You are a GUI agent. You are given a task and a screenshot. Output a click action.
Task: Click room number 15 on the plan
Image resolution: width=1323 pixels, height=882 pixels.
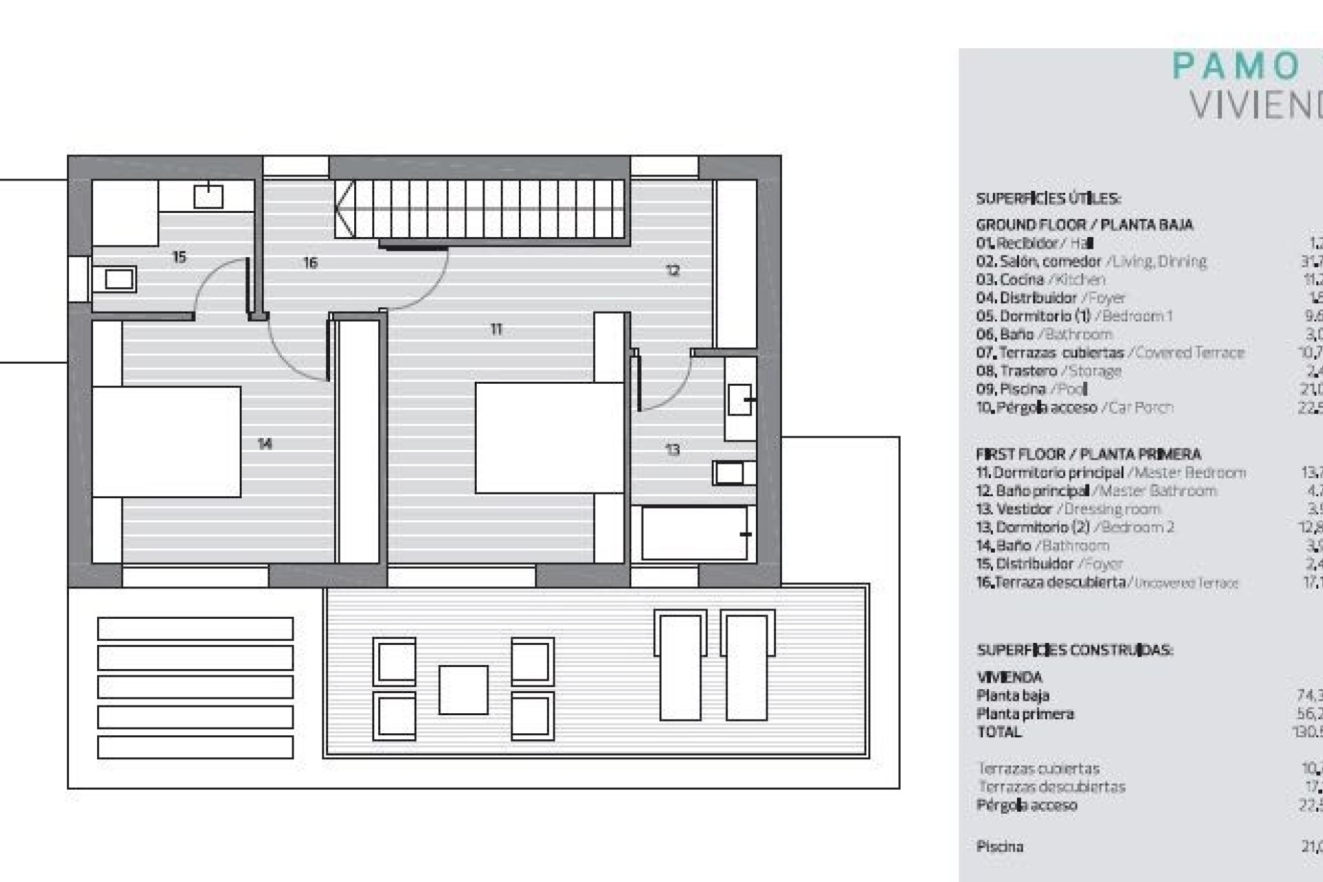tap(179, 257)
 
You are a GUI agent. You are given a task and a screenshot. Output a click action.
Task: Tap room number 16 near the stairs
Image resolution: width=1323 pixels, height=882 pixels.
tap(310, 263)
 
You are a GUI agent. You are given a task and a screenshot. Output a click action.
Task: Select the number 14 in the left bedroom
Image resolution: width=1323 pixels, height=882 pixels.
tap(265, 444)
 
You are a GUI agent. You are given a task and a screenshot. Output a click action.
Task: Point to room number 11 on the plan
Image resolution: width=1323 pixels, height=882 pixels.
tap(496, 329)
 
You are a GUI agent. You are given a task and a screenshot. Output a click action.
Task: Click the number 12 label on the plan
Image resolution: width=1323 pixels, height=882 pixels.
tap(673, 270)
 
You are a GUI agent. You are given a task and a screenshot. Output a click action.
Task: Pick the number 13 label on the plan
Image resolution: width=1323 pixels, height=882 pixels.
tap(673, 450)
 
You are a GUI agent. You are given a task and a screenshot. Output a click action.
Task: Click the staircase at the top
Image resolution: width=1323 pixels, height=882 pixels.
tap(482, 209)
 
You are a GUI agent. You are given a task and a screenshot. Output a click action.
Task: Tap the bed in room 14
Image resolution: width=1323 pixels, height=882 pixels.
tap(166, 442)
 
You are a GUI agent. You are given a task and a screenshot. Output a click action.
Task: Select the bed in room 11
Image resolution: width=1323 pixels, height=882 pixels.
tap(549, 438)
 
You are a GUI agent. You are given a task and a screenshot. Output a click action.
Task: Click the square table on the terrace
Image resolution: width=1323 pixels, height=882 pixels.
tap(463, 690)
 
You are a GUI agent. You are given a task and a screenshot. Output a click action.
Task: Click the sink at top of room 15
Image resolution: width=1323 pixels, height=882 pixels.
tap(208, 196)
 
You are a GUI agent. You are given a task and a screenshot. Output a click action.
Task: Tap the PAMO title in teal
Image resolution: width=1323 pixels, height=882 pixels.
tap(1236, 67)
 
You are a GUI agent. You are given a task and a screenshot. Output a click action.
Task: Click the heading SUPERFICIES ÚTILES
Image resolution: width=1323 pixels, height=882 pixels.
tap(1048, 199)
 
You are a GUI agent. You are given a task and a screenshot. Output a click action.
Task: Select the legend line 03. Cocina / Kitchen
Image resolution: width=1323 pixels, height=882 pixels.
tap(1040, 280)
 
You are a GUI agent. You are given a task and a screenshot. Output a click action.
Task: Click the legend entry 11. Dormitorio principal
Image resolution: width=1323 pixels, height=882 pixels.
tap(1110, 473)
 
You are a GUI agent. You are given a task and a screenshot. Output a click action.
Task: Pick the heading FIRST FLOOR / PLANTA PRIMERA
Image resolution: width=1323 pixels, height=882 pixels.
tap(1088, 454)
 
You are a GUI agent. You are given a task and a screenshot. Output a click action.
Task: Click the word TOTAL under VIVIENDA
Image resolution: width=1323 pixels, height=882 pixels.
tap(999, 732)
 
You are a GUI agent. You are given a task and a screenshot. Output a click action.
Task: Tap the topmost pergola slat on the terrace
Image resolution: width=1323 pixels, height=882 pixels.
tap(195, 628)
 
